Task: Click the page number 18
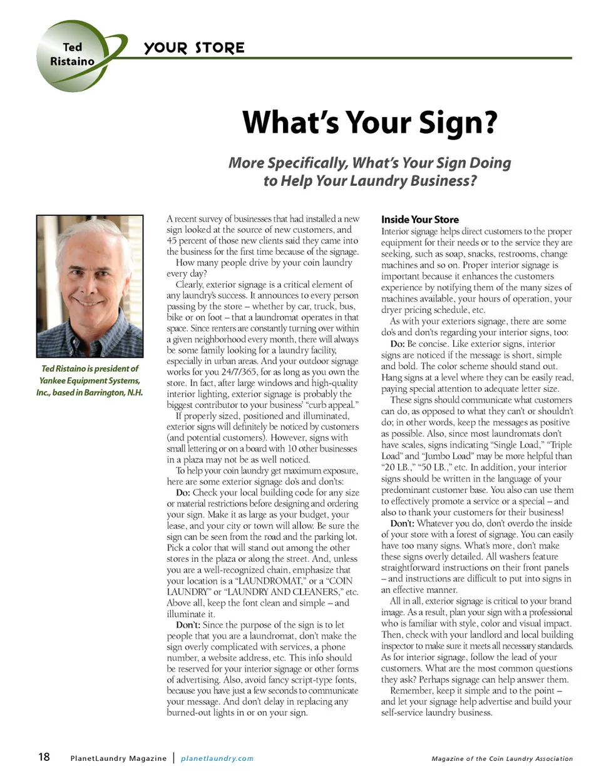tap(44, 757)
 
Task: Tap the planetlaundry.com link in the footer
tap(217, 758)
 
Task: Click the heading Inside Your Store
tap(419, 220)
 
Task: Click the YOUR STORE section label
tap(194, 48)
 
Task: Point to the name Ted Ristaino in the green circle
tap(72, 54)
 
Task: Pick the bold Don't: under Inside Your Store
tap(402, 523)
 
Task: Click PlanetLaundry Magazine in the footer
tap(118, 758)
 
